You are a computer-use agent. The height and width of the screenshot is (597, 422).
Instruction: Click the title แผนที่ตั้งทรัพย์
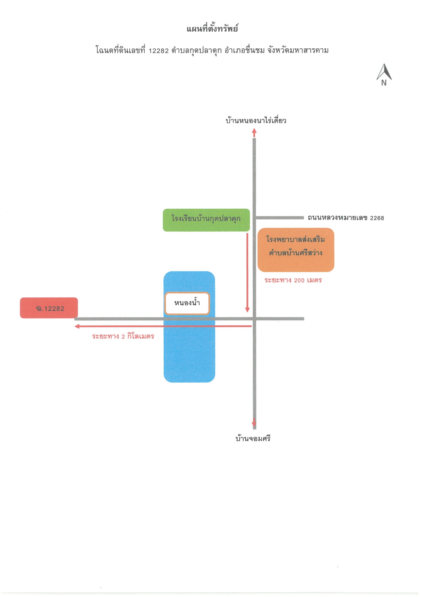pos(212,29)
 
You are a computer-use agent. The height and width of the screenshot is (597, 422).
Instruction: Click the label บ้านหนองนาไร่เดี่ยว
pos(256,120)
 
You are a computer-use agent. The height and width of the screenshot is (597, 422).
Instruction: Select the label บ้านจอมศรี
pos(253,438)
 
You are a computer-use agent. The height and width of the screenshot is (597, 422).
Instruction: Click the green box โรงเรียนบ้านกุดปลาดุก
pos(206,220)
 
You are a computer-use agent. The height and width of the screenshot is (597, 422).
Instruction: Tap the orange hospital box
pos(296,250)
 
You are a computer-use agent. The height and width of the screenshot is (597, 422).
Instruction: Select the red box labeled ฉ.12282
pos(49,308)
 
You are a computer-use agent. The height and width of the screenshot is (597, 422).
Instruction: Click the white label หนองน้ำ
pos(187,303)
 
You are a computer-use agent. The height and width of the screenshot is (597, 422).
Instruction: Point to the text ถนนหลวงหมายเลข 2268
pos(346,218)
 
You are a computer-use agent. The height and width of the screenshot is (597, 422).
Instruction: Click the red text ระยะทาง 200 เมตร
pos(293,280)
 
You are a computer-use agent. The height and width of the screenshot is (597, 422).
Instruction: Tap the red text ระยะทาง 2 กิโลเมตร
pos(123,336)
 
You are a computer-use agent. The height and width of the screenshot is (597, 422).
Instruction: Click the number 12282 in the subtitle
pos(159,51)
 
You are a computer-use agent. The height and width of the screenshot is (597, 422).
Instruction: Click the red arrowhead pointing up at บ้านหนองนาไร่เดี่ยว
pos(254,132)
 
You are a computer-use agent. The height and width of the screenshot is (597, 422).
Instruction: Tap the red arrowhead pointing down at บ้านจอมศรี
pos(254,422)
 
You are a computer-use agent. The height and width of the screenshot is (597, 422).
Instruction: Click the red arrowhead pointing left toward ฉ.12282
pos(77,326)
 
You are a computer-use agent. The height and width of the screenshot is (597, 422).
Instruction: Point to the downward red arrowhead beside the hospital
pos(247,309)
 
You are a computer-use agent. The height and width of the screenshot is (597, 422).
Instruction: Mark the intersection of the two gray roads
pos(254,319)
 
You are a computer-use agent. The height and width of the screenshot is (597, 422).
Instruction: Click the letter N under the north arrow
pos(384,83)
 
